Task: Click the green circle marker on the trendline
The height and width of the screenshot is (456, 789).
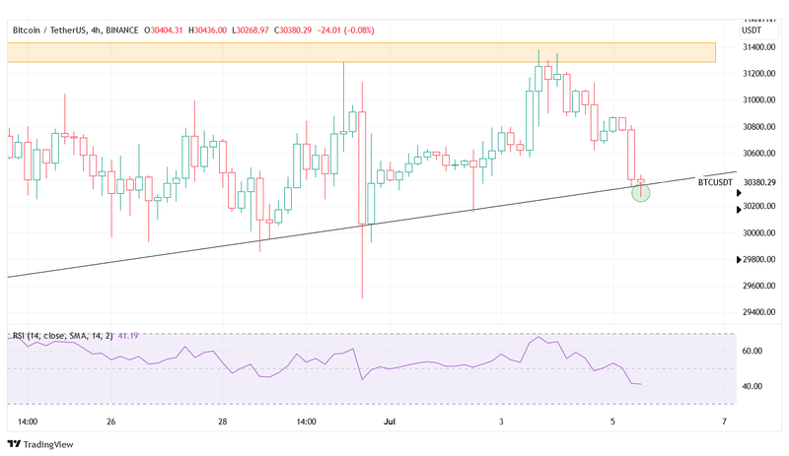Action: [x=641, y=193]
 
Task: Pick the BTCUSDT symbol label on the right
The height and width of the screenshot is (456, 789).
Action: [x=715, y=182]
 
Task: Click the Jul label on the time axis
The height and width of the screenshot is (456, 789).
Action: [x=389, y=422]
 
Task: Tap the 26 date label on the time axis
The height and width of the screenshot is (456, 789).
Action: [x=110, y=422]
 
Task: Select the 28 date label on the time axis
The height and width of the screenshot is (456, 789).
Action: [x=223, y=422]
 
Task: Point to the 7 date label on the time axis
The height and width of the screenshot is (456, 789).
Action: [x=724, y=422]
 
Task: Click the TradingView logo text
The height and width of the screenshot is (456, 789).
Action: [x=50, y=443]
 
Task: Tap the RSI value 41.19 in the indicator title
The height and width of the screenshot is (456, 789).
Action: [x=128, y=336]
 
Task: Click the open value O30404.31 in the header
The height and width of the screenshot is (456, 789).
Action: [x=164, y=31]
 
